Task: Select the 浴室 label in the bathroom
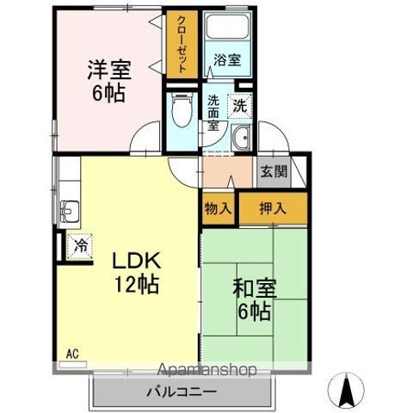pyautogui.click(x=228, y=61)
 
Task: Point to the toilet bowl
pyautogui.click(x=182, y=109)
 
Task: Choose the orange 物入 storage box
pyautogui.click(x=219, y=207)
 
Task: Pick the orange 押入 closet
pyautogui.click(x=273, y=207)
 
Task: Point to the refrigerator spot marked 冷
pyautogui.click(x=79, y=246)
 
